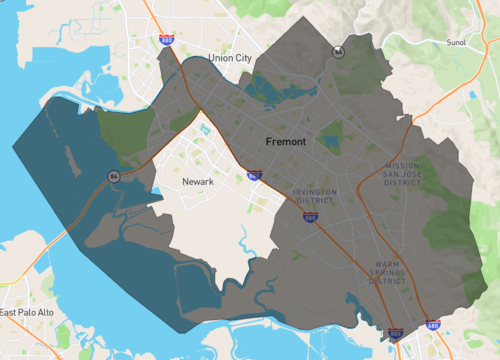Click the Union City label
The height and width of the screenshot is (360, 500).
click(230, 59)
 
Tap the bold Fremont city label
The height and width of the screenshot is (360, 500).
click(286, 142)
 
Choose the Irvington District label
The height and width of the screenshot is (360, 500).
click(316, 195)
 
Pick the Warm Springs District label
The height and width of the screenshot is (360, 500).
click(387, 273)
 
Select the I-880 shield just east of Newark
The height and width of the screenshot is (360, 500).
click(255, 176)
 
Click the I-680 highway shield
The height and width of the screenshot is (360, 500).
click(432, 325)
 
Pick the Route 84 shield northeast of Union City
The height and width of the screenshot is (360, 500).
click(339, 50)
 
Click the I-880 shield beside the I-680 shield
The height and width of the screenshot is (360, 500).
click(396, 332)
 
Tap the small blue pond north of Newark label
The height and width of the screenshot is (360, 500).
click(205, 129)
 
